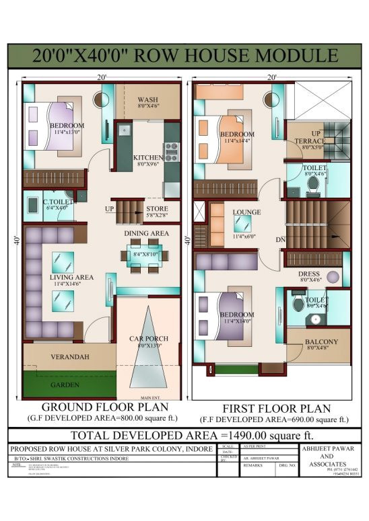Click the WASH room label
(148, 99)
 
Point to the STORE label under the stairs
(157, 208)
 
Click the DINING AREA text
(145, 233)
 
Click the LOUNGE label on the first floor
(246, 212)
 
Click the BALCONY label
(321, 342)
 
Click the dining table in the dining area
(144, 254)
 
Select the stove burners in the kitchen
(171, 152)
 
